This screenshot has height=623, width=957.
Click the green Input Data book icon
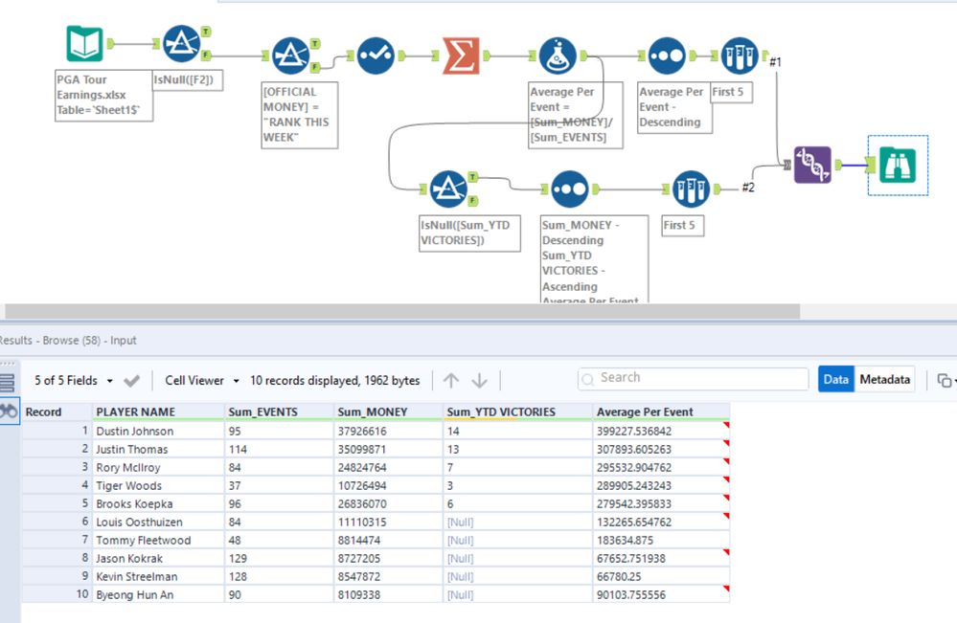[84, 44]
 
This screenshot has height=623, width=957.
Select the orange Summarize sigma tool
[461, 56]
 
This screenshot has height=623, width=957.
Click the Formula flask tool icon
[558, 56]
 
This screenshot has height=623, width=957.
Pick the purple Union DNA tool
[812, 165]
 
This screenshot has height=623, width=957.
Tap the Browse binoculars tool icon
[897, 165]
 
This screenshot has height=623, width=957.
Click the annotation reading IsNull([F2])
[189, 80]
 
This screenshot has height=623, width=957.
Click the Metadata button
[884, 380]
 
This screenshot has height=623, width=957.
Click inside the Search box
[690, 378]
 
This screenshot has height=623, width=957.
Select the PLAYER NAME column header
[135, 412]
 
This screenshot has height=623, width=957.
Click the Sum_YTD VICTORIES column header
[500, 412]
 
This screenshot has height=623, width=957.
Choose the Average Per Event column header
[645, 412]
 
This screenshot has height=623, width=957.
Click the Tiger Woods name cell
[129, 486]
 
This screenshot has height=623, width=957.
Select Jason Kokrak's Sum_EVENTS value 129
[239, 559]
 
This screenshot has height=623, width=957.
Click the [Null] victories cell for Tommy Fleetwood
[461, 541]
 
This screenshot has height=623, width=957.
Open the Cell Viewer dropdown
[201, 381]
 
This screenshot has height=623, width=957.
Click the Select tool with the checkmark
[376, 56]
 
